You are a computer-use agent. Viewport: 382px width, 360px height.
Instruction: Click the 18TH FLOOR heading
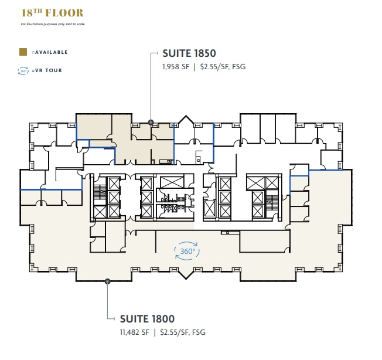point(52,12)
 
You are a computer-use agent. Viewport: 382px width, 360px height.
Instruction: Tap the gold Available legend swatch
point(23,52)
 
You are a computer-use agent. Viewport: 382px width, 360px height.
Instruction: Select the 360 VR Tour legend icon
point(23,70)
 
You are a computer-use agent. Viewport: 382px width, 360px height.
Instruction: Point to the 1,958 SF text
point(176,67)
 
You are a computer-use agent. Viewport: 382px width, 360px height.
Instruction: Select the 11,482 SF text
point(134,332)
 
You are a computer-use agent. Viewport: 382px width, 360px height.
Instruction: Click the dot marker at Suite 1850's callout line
point(151,123)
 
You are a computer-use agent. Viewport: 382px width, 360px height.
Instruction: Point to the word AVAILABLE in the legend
point(52,52)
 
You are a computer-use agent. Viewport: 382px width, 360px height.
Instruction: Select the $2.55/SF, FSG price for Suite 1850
point(222,67)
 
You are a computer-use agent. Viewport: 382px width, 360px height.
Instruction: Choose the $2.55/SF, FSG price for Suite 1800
point(182,332)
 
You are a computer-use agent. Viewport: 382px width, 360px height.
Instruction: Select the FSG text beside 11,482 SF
point(199,332)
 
